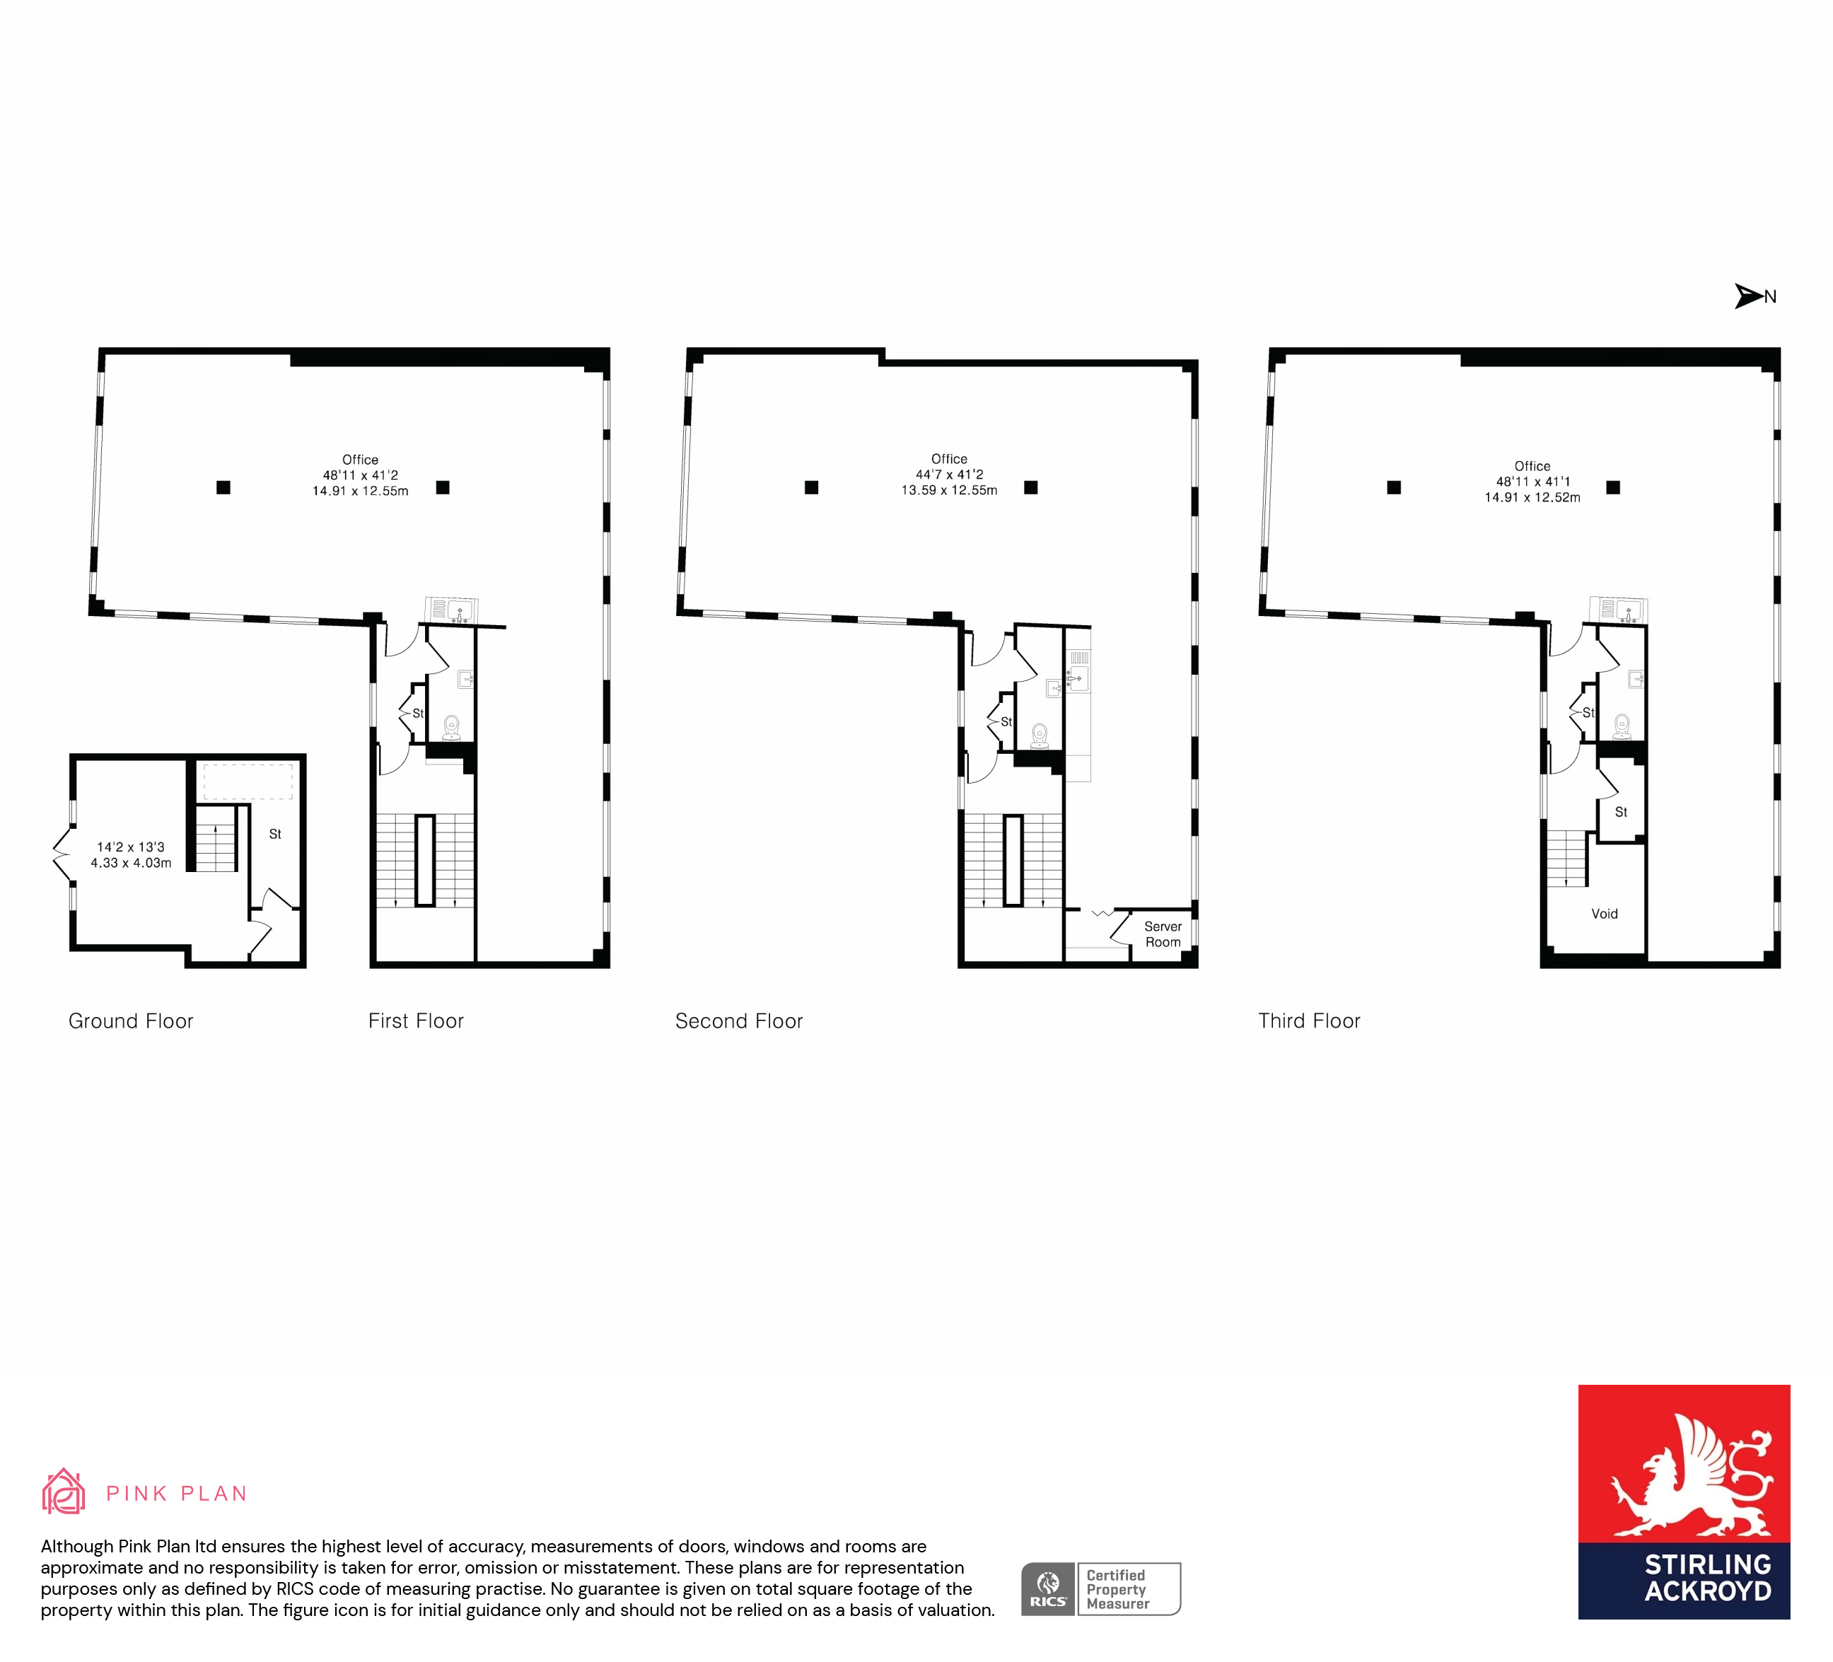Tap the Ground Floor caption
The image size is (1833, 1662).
point(131,1021)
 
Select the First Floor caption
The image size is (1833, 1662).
point(416,1021)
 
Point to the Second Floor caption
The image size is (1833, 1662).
point(739,1021)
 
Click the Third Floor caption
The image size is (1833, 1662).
point(1309,1021)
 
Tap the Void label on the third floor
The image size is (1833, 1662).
point(1605,914)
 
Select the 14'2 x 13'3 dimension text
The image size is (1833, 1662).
point(131,847)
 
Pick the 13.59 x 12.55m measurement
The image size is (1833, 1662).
point(949,490)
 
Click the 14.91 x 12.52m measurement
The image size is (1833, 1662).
point(1533,497)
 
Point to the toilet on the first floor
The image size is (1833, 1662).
point(451,727)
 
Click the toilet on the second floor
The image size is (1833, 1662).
point(1040,736)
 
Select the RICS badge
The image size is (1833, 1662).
point(1047,1588)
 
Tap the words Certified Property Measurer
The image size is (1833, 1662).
point(1118,1589)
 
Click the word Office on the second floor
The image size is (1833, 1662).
point(949,459)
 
